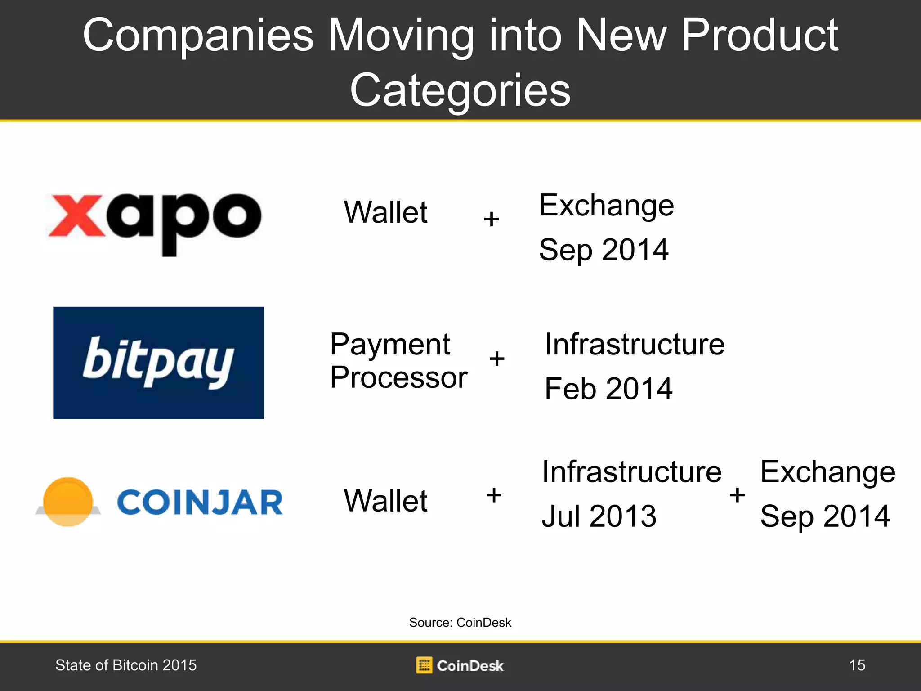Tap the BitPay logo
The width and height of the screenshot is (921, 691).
[x=158, y=363]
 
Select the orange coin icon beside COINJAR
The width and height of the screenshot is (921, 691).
[x=68, y=502]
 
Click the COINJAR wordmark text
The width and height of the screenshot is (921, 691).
[x=200, y=503]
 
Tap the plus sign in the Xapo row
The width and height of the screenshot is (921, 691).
[x=491, y=219]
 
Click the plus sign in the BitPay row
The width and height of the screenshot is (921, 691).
[x=496, y=359]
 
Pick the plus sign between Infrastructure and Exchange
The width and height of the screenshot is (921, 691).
[x=737, y=495]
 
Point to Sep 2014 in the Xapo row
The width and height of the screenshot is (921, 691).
[x=604, y=250]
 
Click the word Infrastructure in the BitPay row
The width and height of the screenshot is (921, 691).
[x=635, y=344]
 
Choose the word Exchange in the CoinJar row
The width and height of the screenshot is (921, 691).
[x=828, y=472]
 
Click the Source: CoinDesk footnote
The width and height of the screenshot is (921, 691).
[x=460, y=622]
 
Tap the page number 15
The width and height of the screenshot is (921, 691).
[x=857, y=665]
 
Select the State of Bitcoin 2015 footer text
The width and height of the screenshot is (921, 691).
[x=126, y=665]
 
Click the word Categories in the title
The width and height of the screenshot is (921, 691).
[x=460, y=90]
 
